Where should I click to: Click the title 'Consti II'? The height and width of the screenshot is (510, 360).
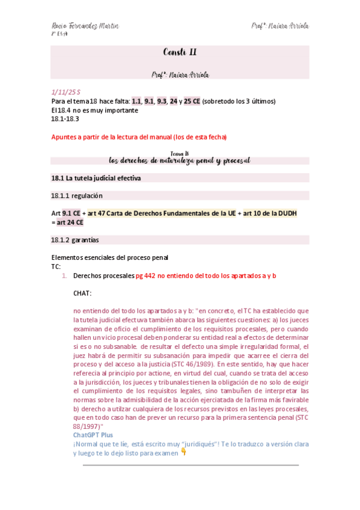coord(180,52)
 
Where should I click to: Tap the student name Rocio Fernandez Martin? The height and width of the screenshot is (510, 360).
coord(85,26)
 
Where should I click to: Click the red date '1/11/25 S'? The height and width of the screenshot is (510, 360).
coord(66,91)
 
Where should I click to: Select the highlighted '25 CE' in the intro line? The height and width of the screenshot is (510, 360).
coord(194,101)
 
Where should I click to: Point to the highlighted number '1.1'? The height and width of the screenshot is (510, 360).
coord(136,101)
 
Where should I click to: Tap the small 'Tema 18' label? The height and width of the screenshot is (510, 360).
coord(180,154)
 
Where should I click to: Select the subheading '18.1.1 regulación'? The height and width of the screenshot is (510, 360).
coord(77,195)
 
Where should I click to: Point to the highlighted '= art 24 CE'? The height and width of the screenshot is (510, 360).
coord(68,222)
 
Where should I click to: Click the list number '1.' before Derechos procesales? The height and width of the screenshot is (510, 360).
coord(66,275)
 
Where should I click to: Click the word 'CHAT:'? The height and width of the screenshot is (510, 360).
coord(82,293)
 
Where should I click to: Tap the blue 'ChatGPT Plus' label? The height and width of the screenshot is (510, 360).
coord(93,435)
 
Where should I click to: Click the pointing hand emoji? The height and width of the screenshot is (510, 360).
coord(183,452)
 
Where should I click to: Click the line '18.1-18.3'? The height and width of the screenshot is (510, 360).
coord(66,118)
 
